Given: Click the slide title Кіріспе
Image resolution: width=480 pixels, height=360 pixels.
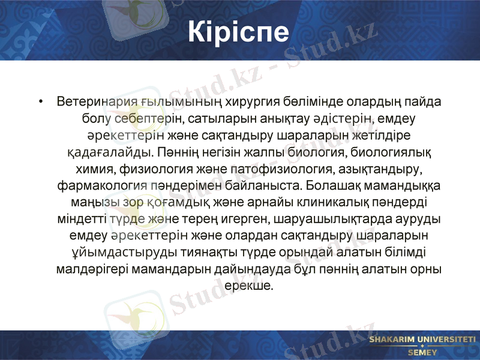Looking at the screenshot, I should point(239,32).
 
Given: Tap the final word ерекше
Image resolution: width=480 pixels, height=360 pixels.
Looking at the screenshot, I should point(248,285).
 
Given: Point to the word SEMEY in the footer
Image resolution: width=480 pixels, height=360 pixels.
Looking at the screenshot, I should point(422,352).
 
